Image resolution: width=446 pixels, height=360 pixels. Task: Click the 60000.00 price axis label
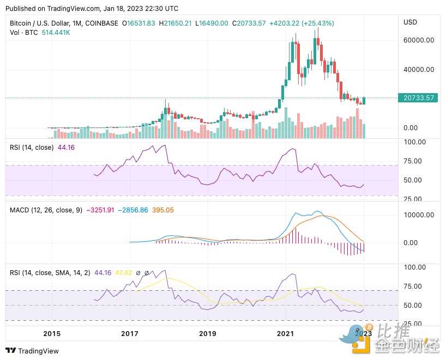point(419,40)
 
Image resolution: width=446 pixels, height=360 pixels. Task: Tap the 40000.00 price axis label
point(419,69)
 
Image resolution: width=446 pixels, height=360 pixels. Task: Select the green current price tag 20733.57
point(419,98)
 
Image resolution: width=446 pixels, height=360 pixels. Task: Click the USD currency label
point(409,23)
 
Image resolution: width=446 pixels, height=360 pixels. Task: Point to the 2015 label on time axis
point(52,333)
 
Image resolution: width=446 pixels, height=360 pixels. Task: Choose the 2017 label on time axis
point(129,333)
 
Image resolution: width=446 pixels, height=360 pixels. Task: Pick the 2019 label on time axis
point(207,333)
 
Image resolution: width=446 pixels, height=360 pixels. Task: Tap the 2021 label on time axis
point(285,333)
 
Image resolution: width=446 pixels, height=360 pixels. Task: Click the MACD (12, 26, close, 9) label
point(45,210)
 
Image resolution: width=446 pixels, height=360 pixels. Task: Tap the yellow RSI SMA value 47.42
point(123,272)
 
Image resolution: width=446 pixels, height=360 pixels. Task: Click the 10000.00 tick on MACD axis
point(419,215)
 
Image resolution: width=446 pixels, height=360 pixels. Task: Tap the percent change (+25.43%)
point(316,23)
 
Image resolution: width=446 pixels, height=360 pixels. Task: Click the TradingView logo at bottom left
point(32,351)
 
